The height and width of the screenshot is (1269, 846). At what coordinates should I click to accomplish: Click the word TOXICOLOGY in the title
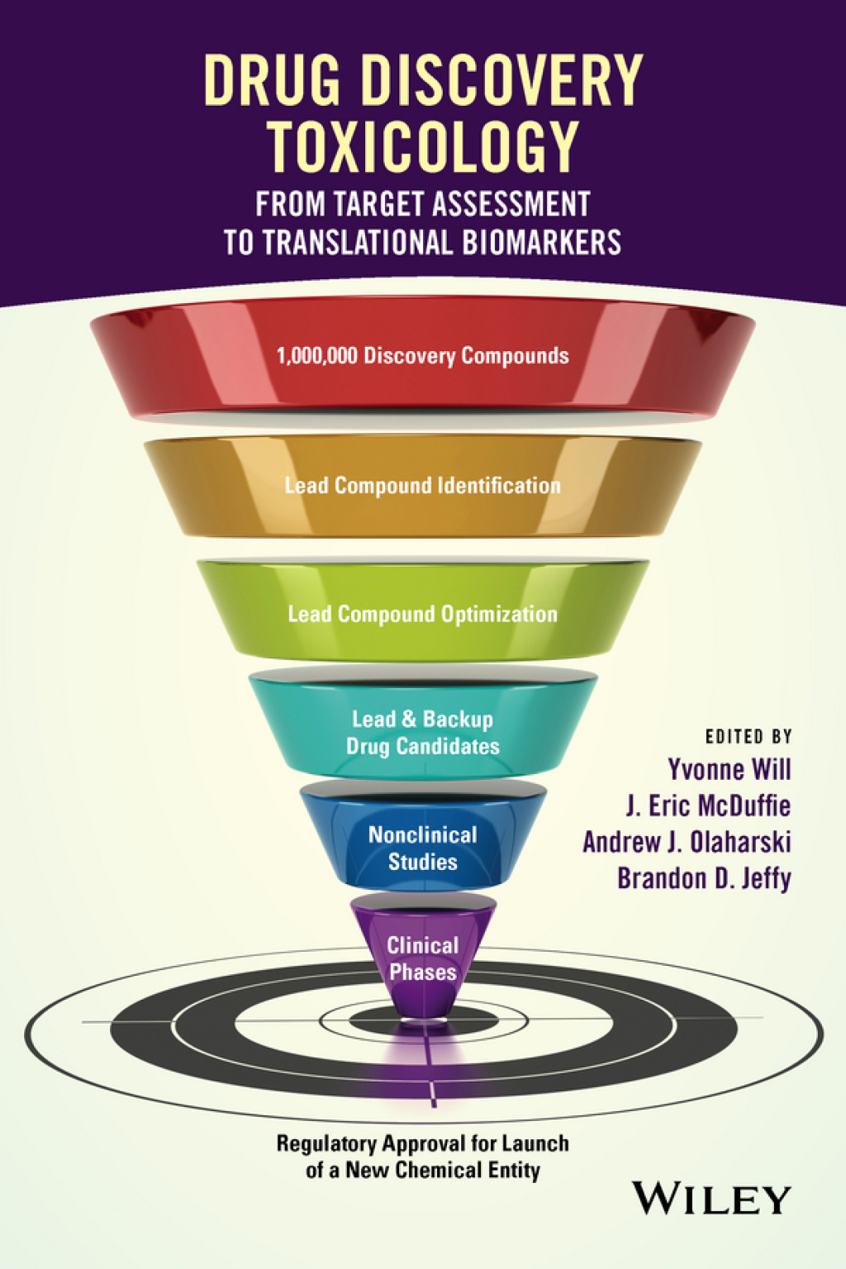[x=422, y=147]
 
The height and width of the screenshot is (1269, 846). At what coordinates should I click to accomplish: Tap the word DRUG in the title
[x=271, y=80]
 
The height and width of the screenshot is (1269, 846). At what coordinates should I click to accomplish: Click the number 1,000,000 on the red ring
[x=316, y=356]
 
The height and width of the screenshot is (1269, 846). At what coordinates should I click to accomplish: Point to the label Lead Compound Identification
[x=422, y=486]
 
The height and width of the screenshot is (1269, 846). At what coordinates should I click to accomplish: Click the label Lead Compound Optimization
[x=422, y=615]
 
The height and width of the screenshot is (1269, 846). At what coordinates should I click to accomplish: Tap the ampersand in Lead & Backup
[x=409, y=720]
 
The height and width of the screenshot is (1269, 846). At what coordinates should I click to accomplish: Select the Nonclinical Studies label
[x=422, y=848]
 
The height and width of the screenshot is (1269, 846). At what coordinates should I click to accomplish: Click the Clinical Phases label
[x=422, y=958]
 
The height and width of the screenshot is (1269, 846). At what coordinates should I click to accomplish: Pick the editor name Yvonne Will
[x=729, y=770]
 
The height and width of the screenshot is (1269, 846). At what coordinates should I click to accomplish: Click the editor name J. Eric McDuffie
[x=708, y=806]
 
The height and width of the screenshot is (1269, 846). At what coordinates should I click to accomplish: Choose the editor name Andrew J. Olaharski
[x=687, y=842]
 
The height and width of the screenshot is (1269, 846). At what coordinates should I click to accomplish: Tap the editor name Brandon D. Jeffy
[x=704, y=878]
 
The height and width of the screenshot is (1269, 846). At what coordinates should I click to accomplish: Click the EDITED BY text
[x=749, y=736]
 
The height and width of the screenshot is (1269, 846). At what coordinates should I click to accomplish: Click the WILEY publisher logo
[x=711, y=1199]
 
